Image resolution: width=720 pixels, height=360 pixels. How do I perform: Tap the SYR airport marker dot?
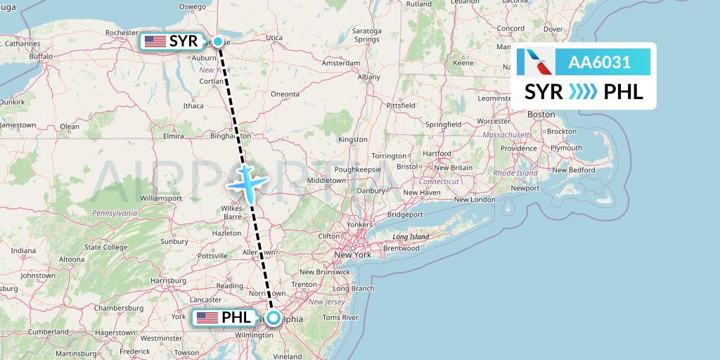click(x=219, y=41)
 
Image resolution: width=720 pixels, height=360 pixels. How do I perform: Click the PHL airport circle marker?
click(x=272, y=318)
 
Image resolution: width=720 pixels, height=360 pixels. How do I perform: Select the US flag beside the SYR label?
click(x=155, y=42)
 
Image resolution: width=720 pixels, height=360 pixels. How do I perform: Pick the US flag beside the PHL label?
click(x=207, y=318)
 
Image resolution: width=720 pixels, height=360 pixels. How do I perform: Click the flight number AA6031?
click(x=599, y=62)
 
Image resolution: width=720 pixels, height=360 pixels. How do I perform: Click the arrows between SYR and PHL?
click(x=583, y=92)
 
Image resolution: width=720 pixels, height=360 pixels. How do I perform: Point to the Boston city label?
click(x=541, y=114)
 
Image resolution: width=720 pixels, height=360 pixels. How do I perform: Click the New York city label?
click(x=352, y=255)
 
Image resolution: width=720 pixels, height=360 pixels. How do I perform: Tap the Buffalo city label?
click(x=41, y=56)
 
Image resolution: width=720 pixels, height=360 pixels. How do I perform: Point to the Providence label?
click(x=519, y=149)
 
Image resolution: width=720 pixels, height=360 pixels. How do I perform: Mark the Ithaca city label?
click(x=193, y=106)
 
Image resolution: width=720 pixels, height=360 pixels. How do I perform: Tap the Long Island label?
click(x=411, y=237)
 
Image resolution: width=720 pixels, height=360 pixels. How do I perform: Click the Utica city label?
click(x=274, y=38)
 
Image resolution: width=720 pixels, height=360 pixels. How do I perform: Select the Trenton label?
click(x=304, y=285)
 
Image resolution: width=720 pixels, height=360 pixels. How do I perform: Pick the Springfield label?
click(x=443, y=124)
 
